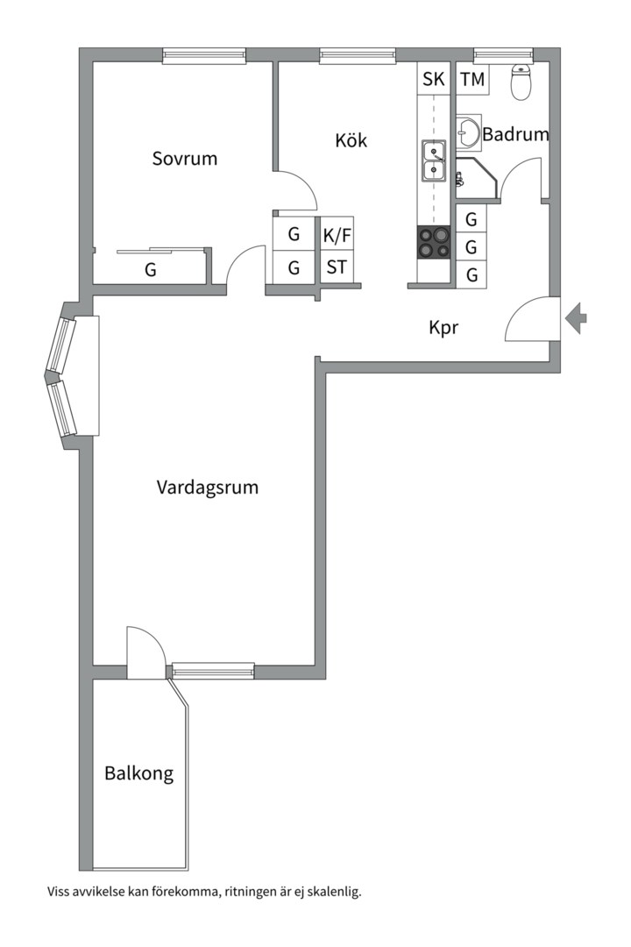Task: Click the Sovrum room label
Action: tap(184, 159)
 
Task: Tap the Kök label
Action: tap(351, 140)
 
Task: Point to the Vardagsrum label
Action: tap(208, 488)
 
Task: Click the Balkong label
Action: tap(138, 774)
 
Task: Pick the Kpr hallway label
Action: tap(444, 328)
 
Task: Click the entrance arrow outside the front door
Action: tap(577, 317)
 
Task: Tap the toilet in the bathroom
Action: tap(521, 83)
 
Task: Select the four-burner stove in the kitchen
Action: tap(434, 242)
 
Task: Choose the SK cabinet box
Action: tap(434, 80)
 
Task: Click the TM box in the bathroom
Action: tap(472, 80)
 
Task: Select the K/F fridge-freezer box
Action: tap(337, 234)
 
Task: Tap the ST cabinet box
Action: tap(337, 267)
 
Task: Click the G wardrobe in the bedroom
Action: tap(151, 270)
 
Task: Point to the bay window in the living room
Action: tap(63, 376)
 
